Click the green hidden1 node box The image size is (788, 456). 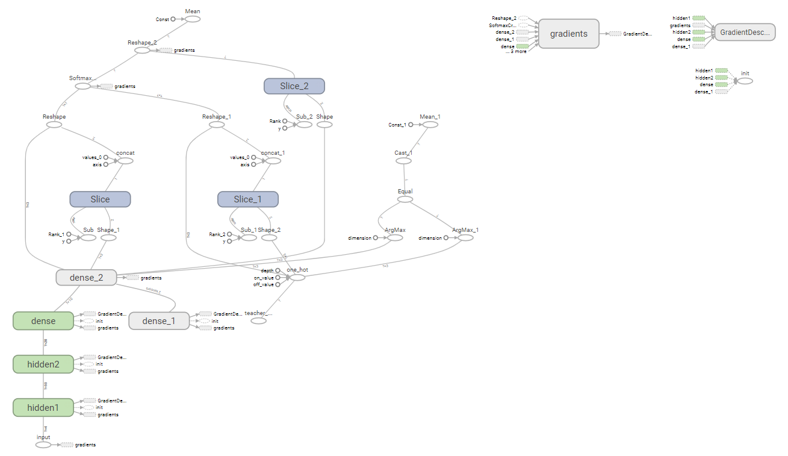(x=43, y=408)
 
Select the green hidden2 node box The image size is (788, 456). (x=43, y=364)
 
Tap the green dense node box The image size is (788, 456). (x=43, y=321)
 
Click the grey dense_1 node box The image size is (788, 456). (x=159, y=321)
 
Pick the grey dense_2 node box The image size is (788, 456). (x=86, y=278)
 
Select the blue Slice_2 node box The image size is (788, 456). (x=294, y=86)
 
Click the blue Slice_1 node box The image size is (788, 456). (x=248, y=199)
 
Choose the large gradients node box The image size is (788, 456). (x=569, y=34)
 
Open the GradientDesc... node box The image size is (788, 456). (x=745, y=33)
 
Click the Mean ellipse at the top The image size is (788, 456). (x=193, y=19)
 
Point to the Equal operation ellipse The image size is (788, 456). (x=405, y=199)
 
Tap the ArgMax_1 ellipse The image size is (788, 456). (x=465, y=238)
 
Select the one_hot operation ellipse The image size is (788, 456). (x=297, y=278)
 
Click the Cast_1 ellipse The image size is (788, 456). (x=403, y=161)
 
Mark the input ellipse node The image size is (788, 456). (x=43, y=445)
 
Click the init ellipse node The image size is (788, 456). (x=745, y=81)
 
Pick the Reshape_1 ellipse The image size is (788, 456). (x=217, y=125)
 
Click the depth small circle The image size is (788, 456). (x=278, y=270)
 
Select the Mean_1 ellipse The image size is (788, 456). (x=430, y=125)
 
